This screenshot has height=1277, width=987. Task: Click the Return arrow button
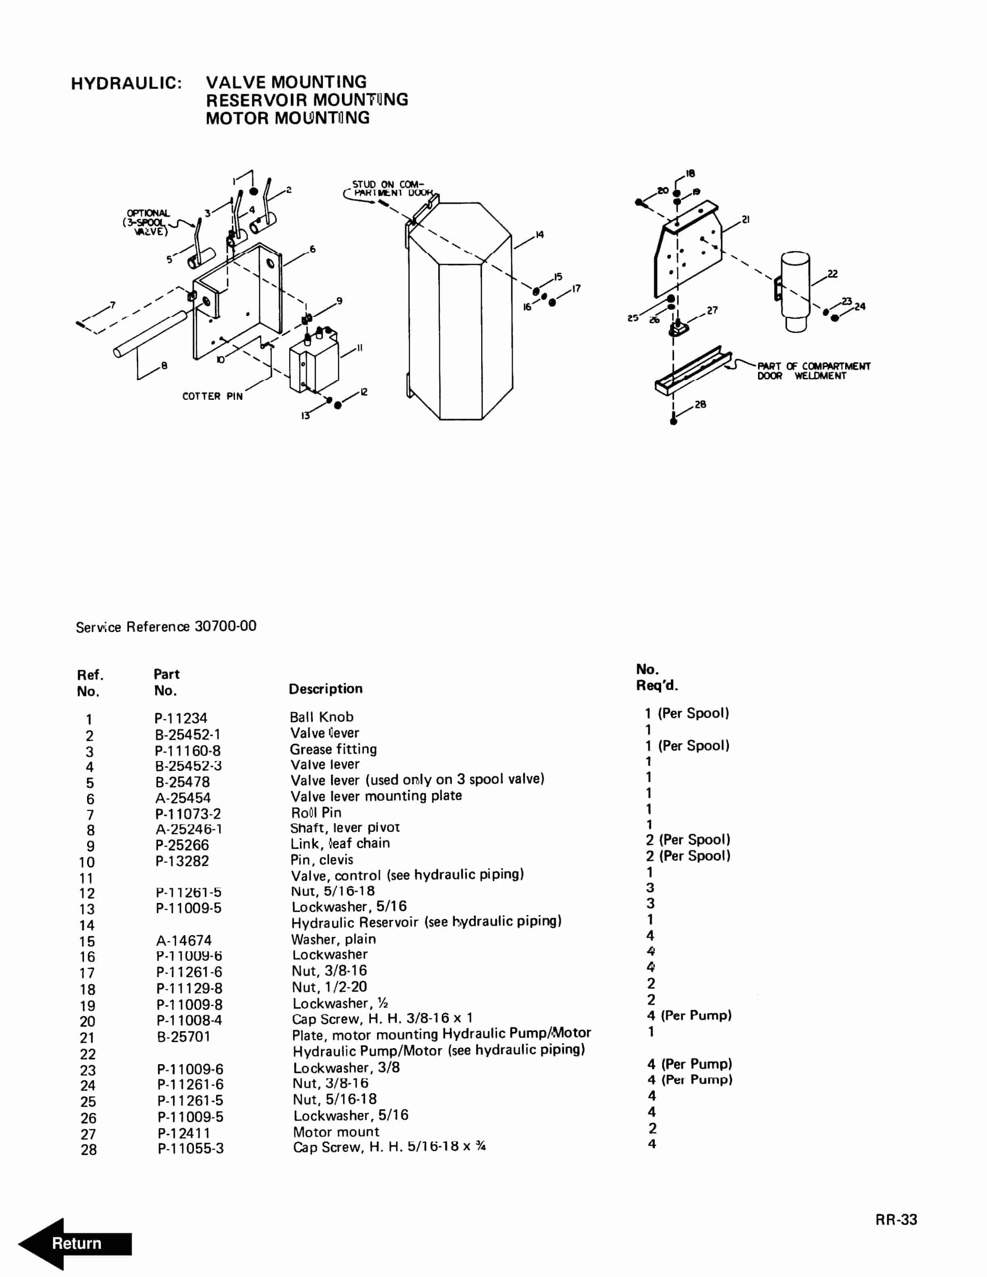click(75, 1243)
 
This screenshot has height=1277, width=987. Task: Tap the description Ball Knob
click(322, 717)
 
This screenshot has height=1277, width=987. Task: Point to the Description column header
click(326, 689)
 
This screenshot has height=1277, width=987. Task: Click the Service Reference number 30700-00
click(226, 626)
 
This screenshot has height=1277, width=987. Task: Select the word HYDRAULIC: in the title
click(126, 83)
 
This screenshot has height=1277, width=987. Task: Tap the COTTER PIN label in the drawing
click(212, 396)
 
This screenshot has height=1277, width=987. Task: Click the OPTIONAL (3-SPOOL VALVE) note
click(147, 222)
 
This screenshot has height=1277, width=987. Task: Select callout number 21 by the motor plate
click(745, 219)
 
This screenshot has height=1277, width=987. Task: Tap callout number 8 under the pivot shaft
click(164, 366)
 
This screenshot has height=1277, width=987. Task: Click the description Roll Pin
click(317, 812)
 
